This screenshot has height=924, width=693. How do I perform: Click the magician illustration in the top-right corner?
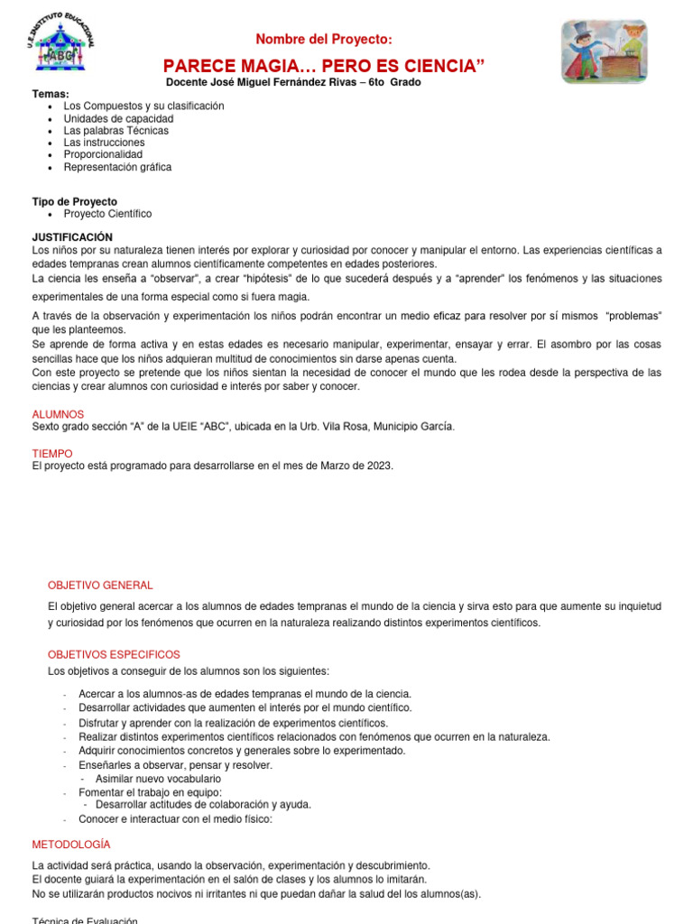pos(604,51)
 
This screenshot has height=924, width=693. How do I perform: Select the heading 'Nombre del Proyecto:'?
pos(324,39)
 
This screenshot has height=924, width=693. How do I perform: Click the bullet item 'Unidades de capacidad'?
pos(118,118)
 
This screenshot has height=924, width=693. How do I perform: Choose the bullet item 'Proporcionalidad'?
pos(104,154)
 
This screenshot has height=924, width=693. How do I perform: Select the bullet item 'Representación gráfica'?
pos(117,167)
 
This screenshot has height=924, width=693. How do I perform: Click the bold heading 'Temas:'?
pos(51,94)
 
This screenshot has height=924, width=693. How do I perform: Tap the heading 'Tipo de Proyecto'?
pos(75,201)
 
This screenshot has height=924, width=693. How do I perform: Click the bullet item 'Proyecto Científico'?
pos(107,214)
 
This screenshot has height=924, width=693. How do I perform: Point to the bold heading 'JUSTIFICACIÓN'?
pos(73,236)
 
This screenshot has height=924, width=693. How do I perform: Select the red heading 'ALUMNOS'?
pos(58,414)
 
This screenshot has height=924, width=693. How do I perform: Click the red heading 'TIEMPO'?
pos(52,453)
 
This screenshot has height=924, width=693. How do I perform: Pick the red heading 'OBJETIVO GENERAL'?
pos(100,585)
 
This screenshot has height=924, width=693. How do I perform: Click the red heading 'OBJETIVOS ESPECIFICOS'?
pos(114,654)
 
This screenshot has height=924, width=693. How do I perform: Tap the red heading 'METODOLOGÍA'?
pos(71,844)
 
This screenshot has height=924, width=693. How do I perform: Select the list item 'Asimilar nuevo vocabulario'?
pos(158,778)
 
